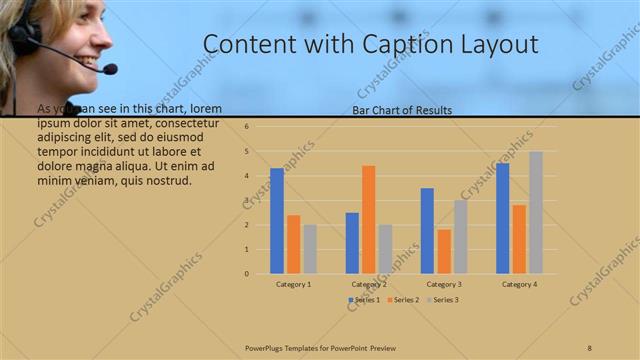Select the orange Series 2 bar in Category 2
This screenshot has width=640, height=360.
coord(368,219)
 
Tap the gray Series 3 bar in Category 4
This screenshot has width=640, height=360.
coord(536,212)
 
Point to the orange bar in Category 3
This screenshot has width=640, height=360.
coord(443,251)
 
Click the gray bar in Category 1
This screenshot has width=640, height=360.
coord(310,249)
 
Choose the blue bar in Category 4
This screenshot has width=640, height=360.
coord(502,218)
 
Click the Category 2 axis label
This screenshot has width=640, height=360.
coord(368,284)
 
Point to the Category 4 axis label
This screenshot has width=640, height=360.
coord(519,284)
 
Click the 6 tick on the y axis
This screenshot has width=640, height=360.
coord(246,127)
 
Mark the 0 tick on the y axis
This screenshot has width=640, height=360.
coord(246,273)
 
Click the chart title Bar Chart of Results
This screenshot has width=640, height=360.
coord(402,110)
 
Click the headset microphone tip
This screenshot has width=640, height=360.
coord(109,69)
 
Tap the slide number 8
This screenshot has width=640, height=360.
coord(589,346)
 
